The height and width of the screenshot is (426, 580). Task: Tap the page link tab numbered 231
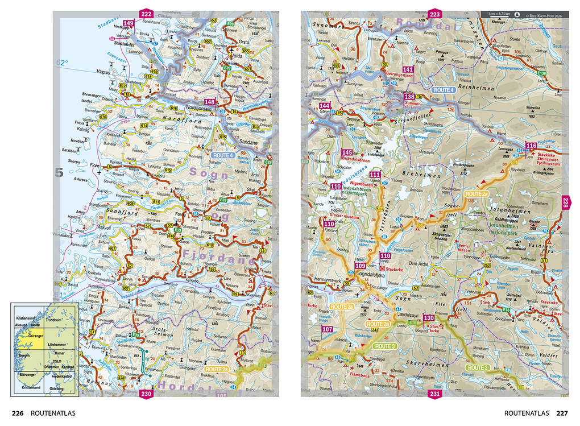point(435,394)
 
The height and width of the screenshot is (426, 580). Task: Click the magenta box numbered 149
point(129,23)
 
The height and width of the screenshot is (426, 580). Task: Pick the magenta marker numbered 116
point(531,146)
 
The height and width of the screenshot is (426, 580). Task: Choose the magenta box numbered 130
point(429,317)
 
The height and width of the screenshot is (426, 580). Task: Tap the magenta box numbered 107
point(328,329)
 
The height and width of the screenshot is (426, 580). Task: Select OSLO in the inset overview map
point(56,360)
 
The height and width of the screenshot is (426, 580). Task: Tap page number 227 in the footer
point(562,413)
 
